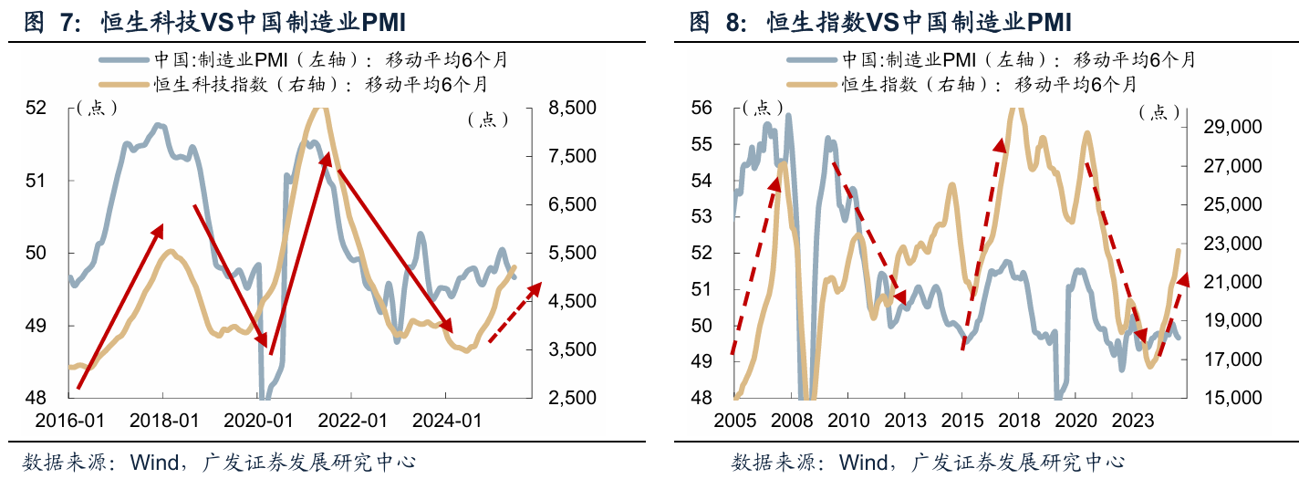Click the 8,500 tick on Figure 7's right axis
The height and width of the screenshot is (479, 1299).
(x=572, y=108)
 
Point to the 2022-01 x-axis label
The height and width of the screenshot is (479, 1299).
(x=352, y=421)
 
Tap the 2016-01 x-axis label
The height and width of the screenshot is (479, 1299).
(x=69, y=421)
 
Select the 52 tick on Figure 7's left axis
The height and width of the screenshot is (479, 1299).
(x=36, y=108)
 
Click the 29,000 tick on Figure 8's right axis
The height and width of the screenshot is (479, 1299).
(x=1232, y=127)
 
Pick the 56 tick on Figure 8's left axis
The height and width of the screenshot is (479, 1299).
(x=701, y=108)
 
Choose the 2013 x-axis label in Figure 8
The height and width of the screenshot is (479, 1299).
(x=905, y=421)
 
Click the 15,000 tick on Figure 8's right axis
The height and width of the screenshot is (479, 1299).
(x=1232, y=398)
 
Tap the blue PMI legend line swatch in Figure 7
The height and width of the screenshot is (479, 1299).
(x=123, y=59)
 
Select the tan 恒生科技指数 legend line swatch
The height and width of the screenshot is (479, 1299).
(x=123, y=85)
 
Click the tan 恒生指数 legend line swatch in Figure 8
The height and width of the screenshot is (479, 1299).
(x=812, y=85)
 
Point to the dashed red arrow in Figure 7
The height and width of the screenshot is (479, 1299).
(x=515, y=313)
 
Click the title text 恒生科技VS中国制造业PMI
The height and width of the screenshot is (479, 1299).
(x=253, y=22)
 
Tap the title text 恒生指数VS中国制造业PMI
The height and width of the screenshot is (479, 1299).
(x=919, y=22)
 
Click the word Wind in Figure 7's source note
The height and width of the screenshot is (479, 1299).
(x=154, y=463)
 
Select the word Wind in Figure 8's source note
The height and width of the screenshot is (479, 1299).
(x=864, y=463)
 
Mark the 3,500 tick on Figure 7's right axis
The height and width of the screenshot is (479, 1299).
(x=572, y=349)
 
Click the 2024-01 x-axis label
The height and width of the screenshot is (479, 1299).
(x=447, y=421)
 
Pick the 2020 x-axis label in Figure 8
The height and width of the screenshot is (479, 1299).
(x=1076, y=421)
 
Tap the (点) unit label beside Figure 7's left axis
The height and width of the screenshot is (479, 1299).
(x=97, y=109)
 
